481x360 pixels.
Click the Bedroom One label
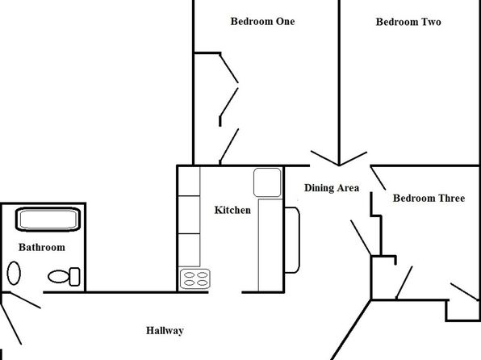tap(262, 22)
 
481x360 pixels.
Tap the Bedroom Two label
tap(408, 22)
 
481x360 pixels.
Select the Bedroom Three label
tap(429, 198)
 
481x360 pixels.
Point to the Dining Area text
tap(332, 188)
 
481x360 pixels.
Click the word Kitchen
tap(232, 210)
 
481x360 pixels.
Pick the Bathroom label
tap(42, 247)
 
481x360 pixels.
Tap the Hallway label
tap(165, 330)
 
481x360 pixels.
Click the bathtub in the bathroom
tap(48, 219)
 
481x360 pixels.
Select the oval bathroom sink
tap(14, 273)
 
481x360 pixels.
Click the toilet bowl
tap(58, 277)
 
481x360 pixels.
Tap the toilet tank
tap(74, 277)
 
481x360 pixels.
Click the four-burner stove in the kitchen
tap(195, 279)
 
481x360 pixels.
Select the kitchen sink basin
tap(267, 182)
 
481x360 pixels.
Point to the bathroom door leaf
tap(26, 300)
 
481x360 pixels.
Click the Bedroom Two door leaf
tap(353, 159)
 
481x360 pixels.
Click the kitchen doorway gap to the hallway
tap(225, 292)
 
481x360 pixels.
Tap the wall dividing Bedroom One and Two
tap(339, 83)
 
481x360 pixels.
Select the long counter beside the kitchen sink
tap(270, 245)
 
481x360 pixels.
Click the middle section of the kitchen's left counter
tap(190, 215)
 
